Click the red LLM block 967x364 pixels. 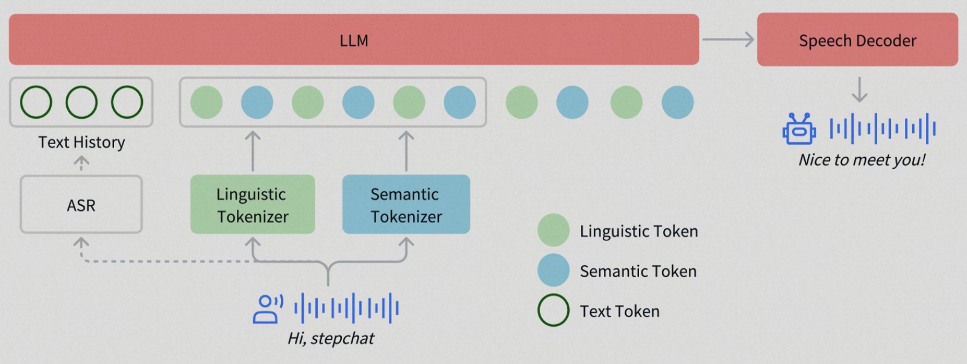tap(354, 40)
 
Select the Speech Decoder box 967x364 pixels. tap(857, 40)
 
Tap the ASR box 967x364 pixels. tap(81, 204)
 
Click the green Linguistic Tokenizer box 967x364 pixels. tap(253, 204)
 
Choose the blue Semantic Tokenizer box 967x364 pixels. tap(406, 204)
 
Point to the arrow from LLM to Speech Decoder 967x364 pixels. tap(728, 40)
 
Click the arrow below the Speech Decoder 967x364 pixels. tap(860, 90)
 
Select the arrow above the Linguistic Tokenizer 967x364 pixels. tap(253, 151)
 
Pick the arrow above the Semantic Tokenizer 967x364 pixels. tap(406, 151)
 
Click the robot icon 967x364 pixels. tap(799, 129)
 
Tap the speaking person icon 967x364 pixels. tap(268, 309)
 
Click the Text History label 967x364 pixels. tap(81, 142)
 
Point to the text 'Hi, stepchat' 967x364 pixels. tap(331, 338)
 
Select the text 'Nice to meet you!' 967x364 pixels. tap(861, 160)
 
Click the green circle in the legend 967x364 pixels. tap(553, 230)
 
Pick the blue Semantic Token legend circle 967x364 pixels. tap(553, 271)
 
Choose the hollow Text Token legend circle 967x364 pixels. tap(553, 295)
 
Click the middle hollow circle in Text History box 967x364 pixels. tap(81, 86)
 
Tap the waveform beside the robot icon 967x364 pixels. tap(883, 129)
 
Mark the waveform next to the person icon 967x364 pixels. tap(346, 309)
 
